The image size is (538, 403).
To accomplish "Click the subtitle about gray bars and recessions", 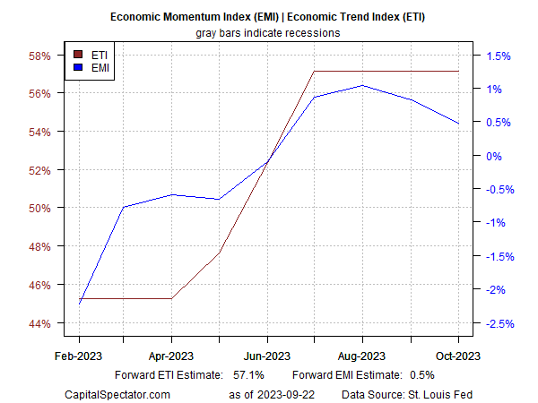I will tap(268, 32).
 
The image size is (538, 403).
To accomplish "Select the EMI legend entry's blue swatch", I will tap(77, 67).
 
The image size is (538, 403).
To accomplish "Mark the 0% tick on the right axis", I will tap(491, 156).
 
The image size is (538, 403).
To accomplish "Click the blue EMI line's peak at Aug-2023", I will tap(362, 86).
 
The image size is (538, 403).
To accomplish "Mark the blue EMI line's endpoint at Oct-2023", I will tap(458, 124).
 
